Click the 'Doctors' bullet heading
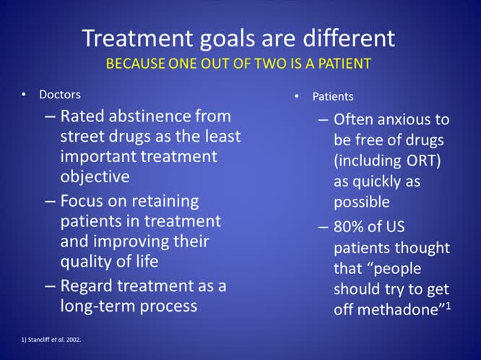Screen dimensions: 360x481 coord(60,95)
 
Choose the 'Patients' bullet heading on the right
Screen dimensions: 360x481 coord(333,96)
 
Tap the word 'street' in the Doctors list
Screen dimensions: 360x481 coord(82,136)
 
